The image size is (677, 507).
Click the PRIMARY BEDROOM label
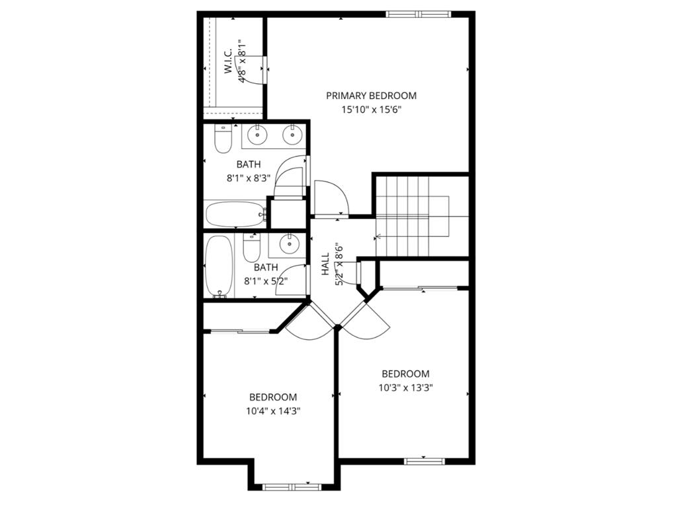(371, 96)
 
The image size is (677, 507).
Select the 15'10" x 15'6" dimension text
(371, 110)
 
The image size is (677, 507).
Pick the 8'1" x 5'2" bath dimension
(266, 281)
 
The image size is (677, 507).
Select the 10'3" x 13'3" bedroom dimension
(405, 388)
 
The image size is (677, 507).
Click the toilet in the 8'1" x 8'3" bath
(223, 140)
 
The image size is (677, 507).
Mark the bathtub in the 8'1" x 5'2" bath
(218, 267)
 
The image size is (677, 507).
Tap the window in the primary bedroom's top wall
(418, 14)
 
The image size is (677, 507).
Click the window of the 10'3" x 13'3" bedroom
(423, 461)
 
